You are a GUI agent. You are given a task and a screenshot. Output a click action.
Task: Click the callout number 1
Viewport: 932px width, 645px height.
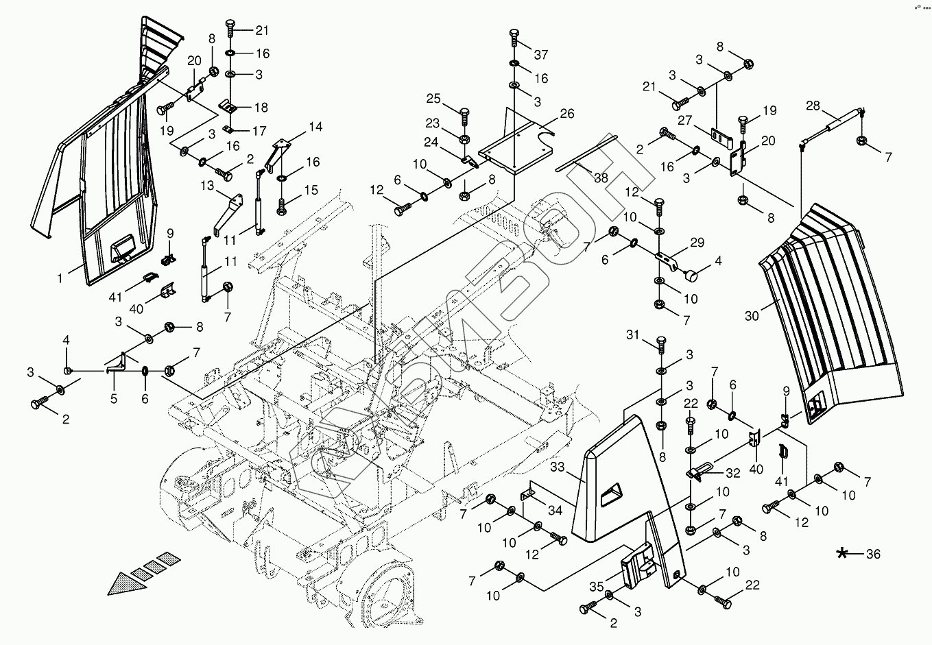pyautogui.click(x=60, y=278)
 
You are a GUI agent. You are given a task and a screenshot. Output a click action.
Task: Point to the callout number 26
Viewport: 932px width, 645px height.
pyautogui.click(x=566, y=114)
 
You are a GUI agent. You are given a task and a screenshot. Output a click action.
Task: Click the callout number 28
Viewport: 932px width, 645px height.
pyautogui.click(x=813, y=106)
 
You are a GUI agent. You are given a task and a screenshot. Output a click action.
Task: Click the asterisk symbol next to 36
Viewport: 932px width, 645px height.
pyautogui.click(x=841, y=553)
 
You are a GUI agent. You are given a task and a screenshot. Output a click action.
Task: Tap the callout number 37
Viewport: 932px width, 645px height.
pyautogui.click(x=542, y=54)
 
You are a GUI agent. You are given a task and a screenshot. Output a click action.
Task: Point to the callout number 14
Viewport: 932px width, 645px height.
pyautogui.click(x=315, y=127)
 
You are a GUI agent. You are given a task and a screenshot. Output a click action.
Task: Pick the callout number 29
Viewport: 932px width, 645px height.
pyautogui.click(x=697, y=242)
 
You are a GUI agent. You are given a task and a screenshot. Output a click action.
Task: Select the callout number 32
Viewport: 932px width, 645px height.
pyautogui.click(x=732, y=473)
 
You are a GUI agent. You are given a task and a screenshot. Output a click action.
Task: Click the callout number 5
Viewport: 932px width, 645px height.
pyautogui.click(x=114, y=398)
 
